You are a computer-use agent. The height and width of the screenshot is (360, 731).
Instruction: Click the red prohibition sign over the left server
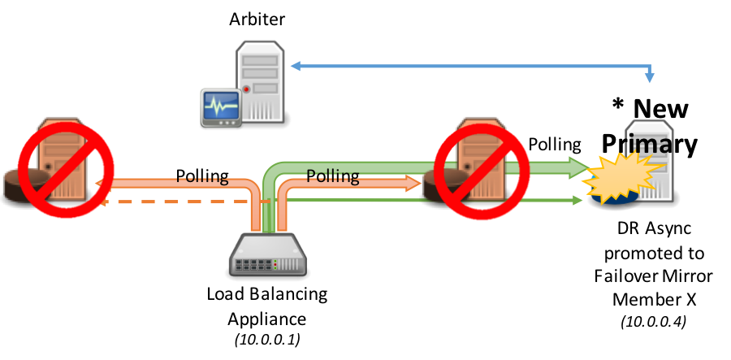(x=67, y=170)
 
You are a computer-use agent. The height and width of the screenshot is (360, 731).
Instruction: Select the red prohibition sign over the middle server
(x=482, y=171)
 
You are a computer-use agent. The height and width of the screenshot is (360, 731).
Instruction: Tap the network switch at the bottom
(x=268, y=255)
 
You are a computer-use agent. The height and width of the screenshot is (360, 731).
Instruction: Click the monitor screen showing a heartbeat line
(x=221, y=106)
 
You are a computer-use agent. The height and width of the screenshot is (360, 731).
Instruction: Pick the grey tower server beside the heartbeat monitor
(x=260, y=81)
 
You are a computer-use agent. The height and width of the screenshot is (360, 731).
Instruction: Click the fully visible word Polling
(x=333, y=176)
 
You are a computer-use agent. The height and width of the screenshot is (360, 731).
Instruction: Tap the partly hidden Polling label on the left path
(x=202, y=178)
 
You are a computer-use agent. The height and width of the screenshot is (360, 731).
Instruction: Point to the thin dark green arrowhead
(x=578, y=200)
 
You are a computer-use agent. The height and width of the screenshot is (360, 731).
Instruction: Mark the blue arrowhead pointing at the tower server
(x=295, y=66)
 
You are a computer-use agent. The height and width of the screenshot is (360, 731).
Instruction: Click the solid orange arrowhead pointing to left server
(x=99, y=184)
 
